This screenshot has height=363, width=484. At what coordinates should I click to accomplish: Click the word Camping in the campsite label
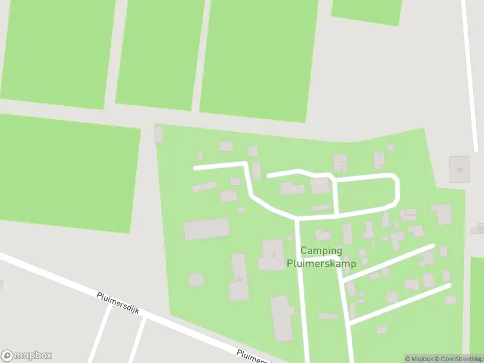click(x=321, y=250)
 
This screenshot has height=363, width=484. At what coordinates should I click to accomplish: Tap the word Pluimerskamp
click(x=321, y=263)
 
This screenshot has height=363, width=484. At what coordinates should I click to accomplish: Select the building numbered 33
click(x=459, y=169)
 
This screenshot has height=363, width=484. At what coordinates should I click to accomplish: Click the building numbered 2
click(x=271, y=255)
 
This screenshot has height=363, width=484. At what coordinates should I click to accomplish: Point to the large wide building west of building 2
click(x=206, y=229)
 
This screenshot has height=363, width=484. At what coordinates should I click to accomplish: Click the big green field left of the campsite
click(x=67, y=172)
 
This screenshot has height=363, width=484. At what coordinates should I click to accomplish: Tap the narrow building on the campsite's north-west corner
click(x=159, y=133)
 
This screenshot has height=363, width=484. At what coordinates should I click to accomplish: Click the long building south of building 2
click(x=281, y=318)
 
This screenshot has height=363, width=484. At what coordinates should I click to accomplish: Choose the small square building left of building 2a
click(x=195, y=279)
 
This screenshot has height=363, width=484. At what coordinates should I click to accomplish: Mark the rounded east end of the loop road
click(x=397, y=191)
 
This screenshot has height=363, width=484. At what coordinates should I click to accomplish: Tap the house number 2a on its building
click(x=240, y=279)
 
